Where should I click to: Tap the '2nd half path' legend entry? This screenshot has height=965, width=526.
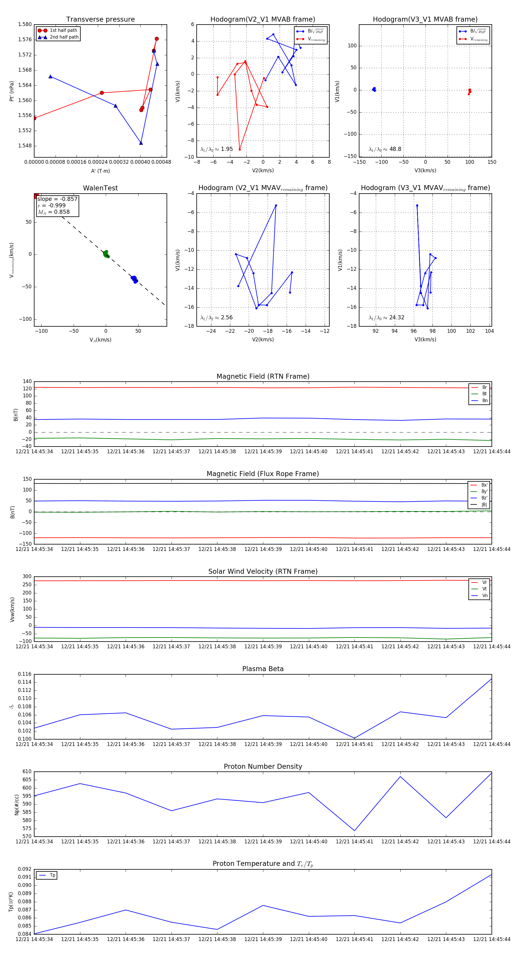click(64, 37)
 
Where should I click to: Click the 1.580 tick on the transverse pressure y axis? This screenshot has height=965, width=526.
click(25, 24)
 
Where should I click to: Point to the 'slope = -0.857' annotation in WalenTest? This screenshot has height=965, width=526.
click(57, 199)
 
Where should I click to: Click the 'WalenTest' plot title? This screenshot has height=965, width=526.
click(100, 188)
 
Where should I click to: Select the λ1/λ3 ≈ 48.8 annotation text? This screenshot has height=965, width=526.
click(385, 149)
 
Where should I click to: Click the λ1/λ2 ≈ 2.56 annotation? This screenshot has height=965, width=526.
click(216, 318)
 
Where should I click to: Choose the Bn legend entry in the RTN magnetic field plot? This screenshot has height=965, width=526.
click(485, 400)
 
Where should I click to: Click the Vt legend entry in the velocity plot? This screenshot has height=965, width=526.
click(485, 589)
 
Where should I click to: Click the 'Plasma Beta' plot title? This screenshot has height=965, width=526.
click(263, 669)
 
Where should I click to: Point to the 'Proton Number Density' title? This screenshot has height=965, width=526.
click(263, 766)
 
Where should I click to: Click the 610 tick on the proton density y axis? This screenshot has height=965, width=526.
click(27, 772)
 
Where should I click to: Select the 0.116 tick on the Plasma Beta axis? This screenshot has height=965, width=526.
click(25, 674)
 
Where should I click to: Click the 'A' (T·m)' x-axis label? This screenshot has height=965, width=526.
click(100, 171)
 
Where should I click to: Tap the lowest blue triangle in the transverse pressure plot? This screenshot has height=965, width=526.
click(141, 143)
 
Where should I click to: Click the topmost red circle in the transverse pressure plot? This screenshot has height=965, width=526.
click(157, 39)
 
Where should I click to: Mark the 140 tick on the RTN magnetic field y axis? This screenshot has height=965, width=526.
click(27, 381)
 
